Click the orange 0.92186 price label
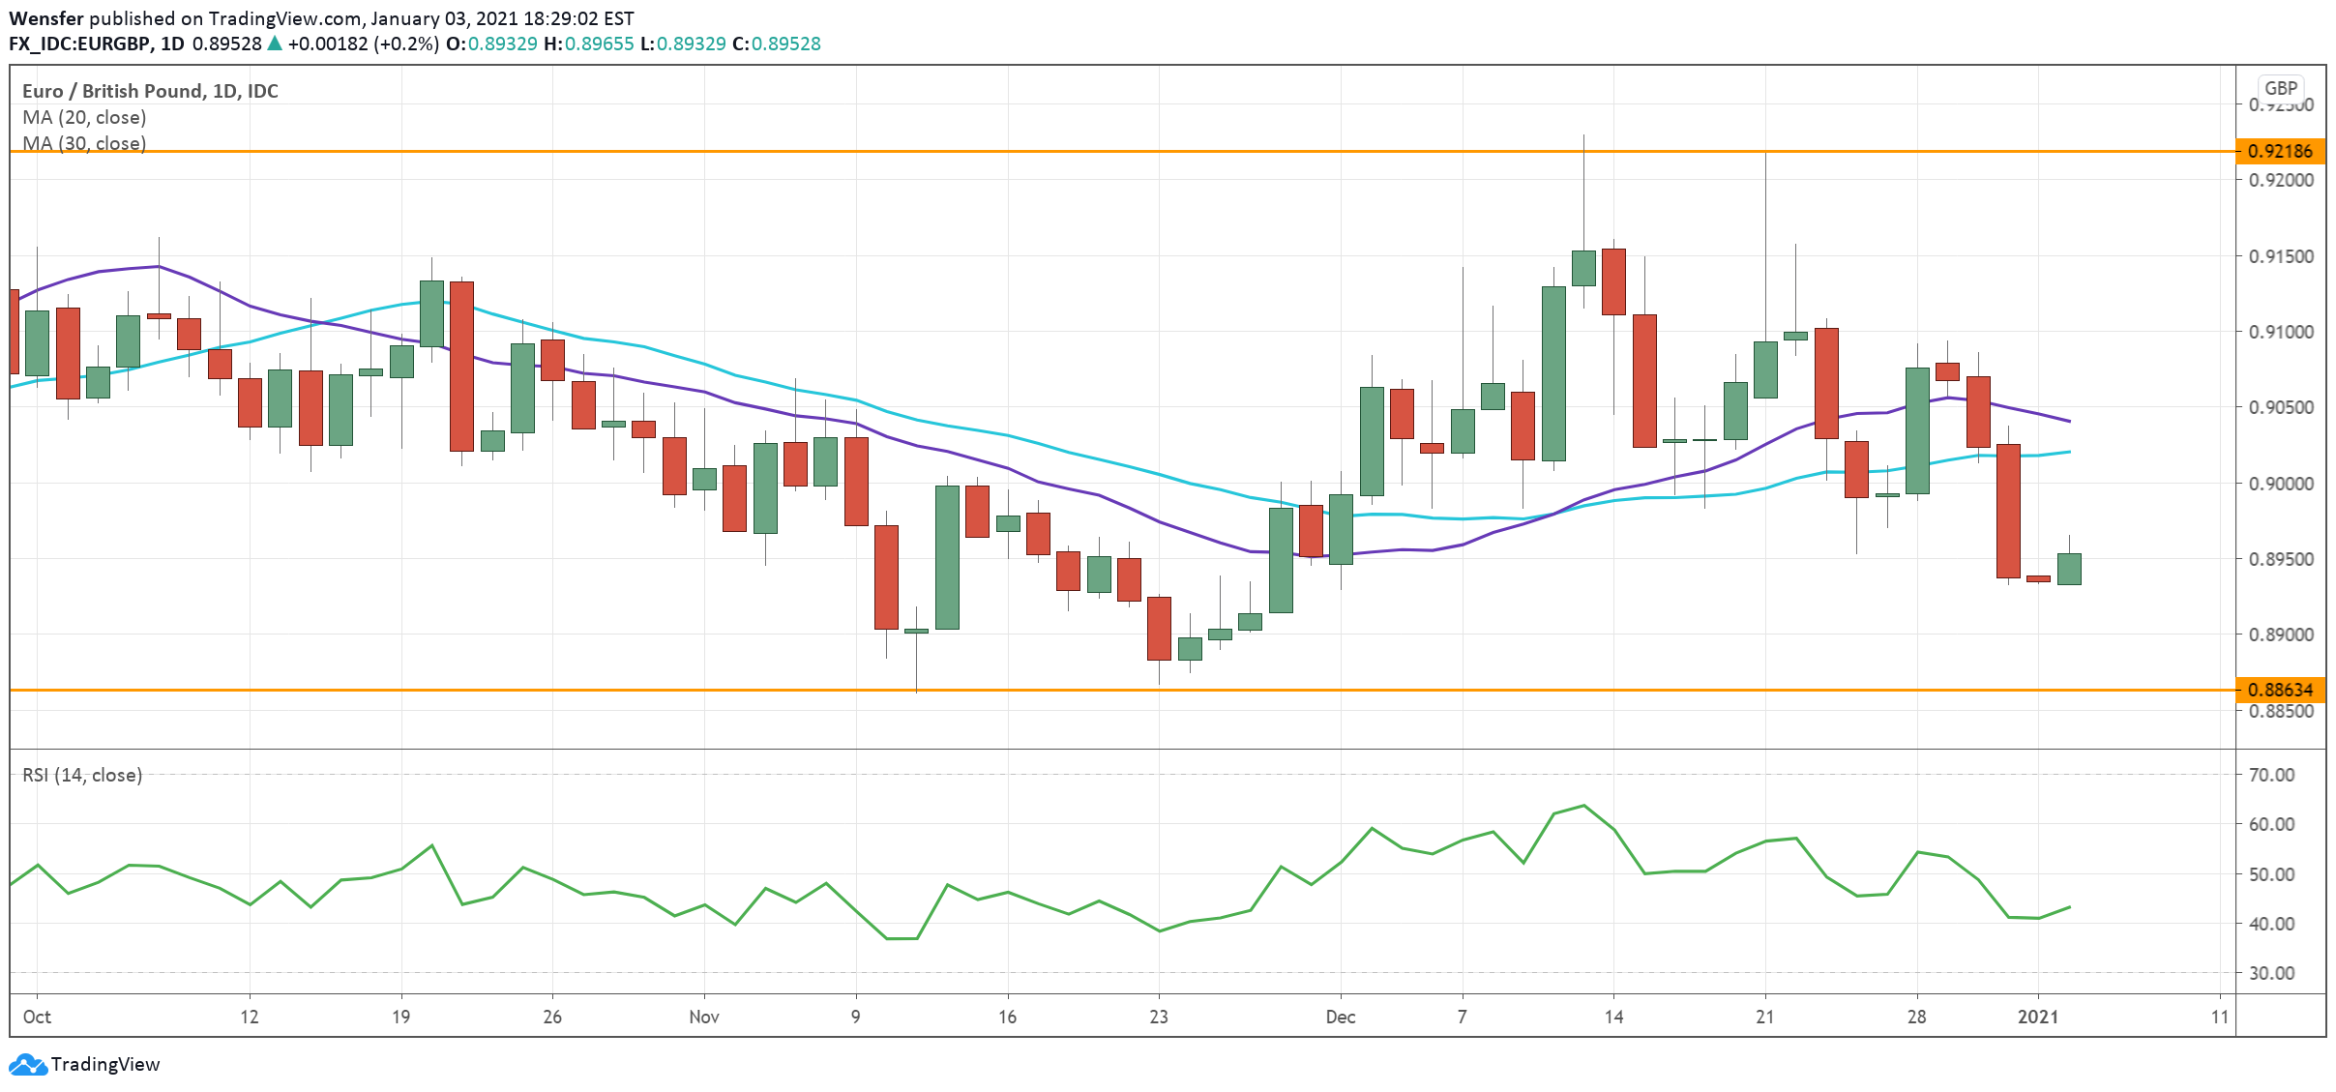[2279, 151]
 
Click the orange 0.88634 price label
[2279, 690]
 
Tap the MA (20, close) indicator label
[84, 117]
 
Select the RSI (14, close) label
[82, 775]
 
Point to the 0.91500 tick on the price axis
[2281, 256]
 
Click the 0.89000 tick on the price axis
[2281, 635]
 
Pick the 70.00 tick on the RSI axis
[2271, 775]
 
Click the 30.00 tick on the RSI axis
[2271, 973]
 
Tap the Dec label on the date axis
[1340, 1017]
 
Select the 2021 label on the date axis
[2037, 1017]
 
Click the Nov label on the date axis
[703, 1017]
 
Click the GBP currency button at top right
[2280, 88]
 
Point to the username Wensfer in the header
[45, 18]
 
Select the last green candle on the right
[2069, 569]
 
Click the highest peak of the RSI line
[1583, 805]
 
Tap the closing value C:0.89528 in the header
[776, 44]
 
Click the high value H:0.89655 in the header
[588, 44]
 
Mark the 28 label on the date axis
[1916, 1017]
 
